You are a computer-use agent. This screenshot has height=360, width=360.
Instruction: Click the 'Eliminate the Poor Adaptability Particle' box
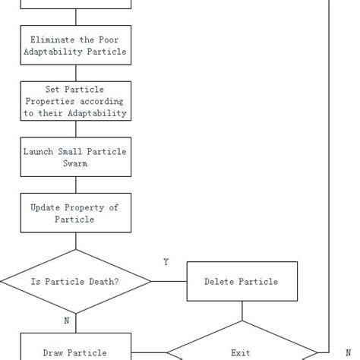point(75,46)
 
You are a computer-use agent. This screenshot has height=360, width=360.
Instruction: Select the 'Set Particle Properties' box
point(75,101)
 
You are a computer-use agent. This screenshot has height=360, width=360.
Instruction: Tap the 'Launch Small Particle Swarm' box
point(75,157)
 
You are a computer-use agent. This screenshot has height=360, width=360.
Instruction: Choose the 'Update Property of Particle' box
point(75,213)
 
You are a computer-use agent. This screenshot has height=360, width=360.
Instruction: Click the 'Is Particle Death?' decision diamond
point(75,281)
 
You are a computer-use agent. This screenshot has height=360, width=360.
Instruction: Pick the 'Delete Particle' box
point(242,281)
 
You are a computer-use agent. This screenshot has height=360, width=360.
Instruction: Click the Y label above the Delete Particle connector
point(166,262)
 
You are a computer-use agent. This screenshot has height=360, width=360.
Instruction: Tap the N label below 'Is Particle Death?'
point(67,321)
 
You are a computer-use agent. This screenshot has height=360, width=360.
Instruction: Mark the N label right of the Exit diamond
point(348,353)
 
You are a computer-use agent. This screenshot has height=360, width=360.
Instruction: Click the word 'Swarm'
point(75,163)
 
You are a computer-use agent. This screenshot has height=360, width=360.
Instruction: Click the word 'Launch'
point(39,151)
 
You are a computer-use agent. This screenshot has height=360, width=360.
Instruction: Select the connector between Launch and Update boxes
point(75,185)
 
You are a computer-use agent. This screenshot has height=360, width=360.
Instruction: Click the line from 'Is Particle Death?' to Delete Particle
point(169,281)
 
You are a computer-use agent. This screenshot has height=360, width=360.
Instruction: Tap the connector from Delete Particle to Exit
point(242,310)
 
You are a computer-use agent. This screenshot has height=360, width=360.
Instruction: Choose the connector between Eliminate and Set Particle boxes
point(75,73)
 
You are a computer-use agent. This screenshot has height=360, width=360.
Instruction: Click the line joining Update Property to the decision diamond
point(75,241)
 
